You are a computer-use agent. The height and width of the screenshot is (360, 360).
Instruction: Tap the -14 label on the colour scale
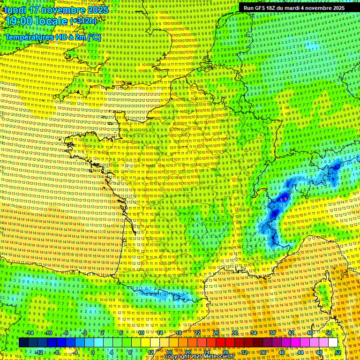pos(30,333)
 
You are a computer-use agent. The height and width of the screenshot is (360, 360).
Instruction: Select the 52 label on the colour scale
pos(338,352)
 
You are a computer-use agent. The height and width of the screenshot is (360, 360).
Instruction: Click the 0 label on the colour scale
pos(92,352)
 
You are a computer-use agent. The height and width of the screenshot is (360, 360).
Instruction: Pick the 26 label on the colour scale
pos(216,333)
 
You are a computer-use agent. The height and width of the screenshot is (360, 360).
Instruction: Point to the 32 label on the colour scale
pos(244,352)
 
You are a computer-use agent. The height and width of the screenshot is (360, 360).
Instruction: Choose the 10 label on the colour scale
pos(140,333)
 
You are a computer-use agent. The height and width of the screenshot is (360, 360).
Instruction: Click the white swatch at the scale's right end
pos(332,343)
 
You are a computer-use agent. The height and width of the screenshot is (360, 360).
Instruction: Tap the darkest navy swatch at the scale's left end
pos(23,343)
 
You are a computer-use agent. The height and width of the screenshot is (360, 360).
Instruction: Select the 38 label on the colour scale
pos(272,333)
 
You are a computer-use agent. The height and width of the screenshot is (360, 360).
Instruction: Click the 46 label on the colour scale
pos(310,333)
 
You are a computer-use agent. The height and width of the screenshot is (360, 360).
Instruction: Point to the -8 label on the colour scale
pos(56,352)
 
